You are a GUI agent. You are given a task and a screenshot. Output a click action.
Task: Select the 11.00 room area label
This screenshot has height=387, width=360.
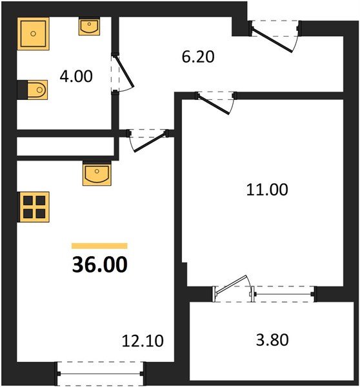coord(265,190)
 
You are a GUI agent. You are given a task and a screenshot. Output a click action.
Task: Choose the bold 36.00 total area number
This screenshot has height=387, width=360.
coord(99,264)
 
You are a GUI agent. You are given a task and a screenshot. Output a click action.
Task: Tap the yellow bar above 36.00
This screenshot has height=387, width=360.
coord(99,246)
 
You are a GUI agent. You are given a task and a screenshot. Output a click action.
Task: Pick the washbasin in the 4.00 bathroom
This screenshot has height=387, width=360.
coord(89,26)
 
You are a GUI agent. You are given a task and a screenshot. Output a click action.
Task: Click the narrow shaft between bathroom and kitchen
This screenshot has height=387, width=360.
coord(65,146)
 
